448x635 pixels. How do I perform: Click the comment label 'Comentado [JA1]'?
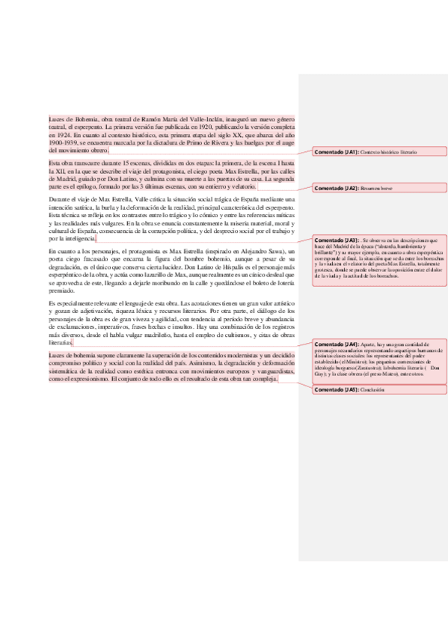[x=336, y=152]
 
